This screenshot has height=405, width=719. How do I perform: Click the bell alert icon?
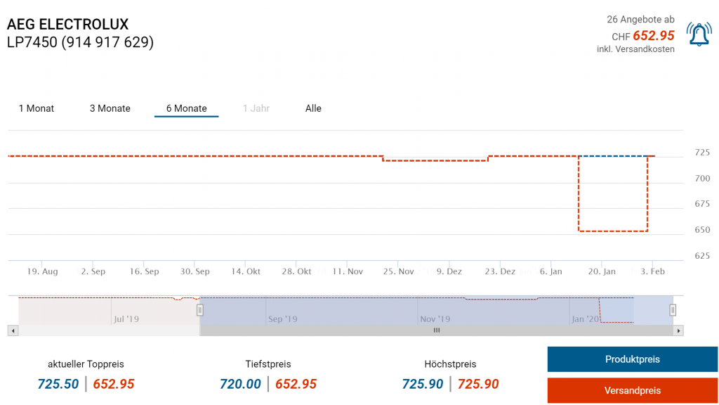699,34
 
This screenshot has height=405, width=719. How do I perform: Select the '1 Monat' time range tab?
37,108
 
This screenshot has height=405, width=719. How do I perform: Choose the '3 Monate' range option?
110,108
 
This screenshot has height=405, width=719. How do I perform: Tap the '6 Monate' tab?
186,108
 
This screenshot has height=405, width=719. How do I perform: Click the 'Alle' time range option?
313,108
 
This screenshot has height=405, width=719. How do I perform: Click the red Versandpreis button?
632,390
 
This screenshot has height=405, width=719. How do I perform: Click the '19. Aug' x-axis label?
42,271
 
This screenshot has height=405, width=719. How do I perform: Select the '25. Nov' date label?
397,271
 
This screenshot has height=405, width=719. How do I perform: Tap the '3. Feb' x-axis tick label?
652,271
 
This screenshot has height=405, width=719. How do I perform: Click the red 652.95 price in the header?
653,36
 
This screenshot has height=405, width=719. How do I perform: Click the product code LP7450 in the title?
32,43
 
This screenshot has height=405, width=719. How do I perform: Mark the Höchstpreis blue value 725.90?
423,384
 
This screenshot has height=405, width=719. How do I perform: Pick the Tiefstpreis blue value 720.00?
240,384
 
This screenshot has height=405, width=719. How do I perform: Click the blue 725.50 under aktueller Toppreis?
58,384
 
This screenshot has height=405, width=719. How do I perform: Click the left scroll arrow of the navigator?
13,330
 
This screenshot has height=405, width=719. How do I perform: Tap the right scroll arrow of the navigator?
678,330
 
